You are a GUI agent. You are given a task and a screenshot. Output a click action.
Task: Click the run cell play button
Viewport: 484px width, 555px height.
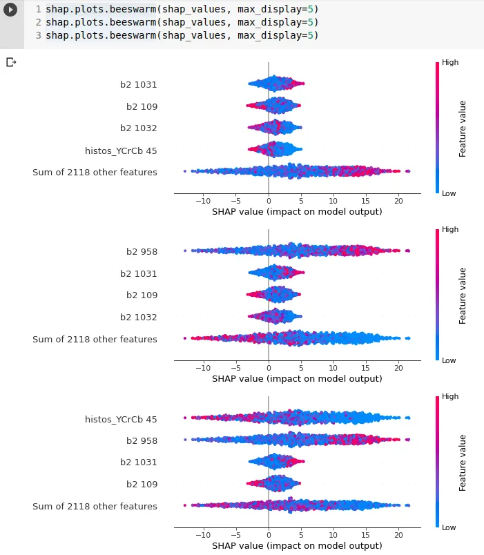[x=11, y=12]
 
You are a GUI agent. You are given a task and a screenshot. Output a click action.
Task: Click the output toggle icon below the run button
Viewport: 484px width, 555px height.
[x=11, y=62]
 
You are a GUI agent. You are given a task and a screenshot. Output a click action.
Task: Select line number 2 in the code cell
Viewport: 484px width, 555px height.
[x=38, y=22]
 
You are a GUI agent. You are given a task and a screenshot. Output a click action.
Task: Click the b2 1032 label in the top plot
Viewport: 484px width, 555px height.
[x=138, y=128]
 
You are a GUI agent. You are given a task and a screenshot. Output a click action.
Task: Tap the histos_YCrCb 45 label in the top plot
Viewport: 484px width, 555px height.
[x=121, y=150]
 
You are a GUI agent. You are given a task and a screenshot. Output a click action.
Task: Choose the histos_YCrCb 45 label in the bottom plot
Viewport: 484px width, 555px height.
[x=121, y=419]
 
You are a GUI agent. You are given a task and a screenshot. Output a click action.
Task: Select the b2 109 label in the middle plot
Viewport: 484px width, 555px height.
[x=142, y=295]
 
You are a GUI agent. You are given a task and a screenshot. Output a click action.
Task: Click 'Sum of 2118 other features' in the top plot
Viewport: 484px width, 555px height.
[x=95, y=172]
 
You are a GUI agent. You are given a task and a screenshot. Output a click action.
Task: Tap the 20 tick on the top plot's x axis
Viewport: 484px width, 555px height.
[x=398, y=201]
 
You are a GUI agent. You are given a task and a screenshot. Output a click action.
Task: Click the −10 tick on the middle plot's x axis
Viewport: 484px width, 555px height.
[x=203, y=368]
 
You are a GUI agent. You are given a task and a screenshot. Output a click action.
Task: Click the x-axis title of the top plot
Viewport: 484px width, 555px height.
[x=297, y=212]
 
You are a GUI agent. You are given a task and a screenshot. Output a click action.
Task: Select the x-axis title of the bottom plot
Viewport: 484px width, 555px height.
[x=297, y=546]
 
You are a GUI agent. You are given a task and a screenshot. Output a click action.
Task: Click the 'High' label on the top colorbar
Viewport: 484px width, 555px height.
[x=450, y=62]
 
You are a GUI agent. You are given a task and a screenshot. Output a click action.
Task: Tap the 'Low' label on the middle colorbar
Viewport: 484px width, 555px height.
[x=449, y=360]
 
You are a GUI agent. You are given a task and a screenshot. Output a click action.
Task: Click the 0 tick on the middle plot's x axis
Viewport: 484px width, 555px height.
[x=269, y=368]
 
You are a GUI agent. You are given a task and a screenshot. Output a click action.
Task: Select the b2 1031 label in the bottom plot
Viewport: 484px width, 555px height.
[x=138, y=462]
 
